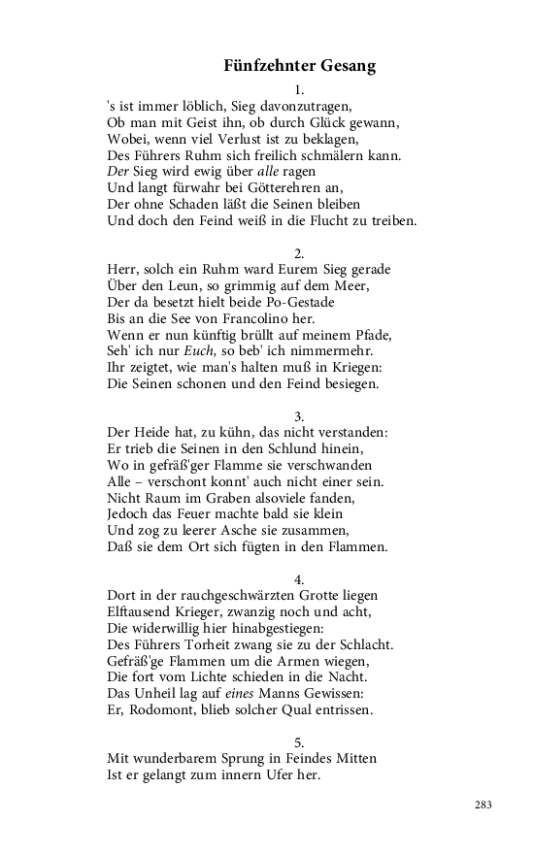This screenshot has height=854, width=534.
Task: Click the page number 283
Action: tap(484, 805)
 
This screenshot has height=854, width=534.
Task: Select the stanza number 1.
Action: tap(299, 89)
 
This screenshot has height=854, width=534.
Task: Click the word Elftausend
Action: tap(140, 611)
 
